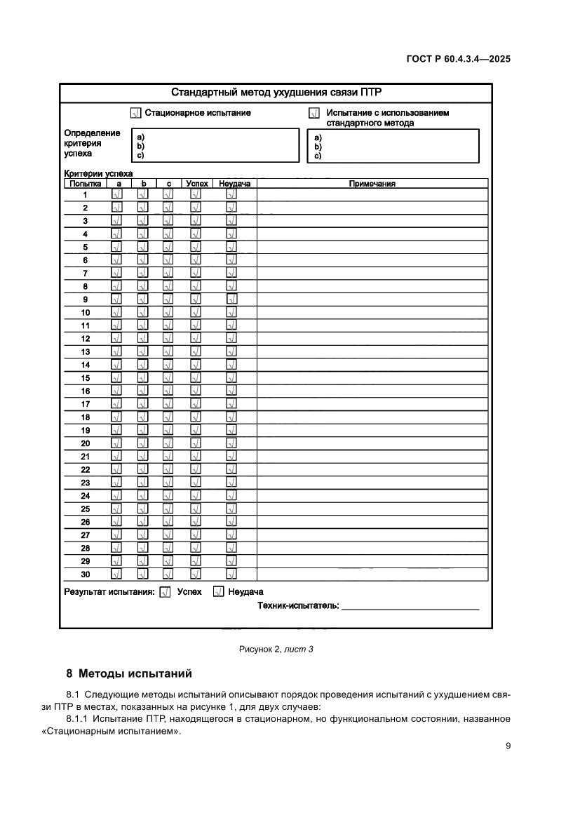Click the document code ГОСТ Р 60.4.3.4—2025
pyautogui.click(x=458, y=60)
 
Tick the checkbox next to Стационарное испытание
pyautogui.click(x=136, y=113)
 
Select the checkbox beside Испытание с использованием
pyautogui.click(x=314, y=113)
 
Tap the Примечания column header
pyautogui.click(x=372, y=184)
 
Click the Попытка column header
pyautogui.click(x=85, y=184)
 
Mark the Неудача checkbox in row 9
pyautogui.click(x=231, y=300)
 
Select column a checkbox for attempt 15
pyautogui.click(x=117, y=378)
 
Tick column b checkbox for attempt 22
pyautogui.click(x=142, y=470)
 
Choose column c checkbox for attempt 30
pyautogui.click(x=168, y=574)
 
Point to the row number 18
pyautogui.click(x=86, y=417)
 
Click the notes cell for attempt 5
pyautogui.click(x=372, y=247)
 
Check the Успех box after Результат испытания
pyautogui.click(x=166, y=592)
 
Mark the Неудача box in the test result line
pyautogui.click(x=218, y=592)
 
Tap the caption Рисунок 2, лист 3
pyautogui.click(x=276, y=649)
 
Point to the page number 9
pyautogui.click(x=508, y=746)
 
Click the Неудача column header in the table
pyautogui.click(x=234, y=184)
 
